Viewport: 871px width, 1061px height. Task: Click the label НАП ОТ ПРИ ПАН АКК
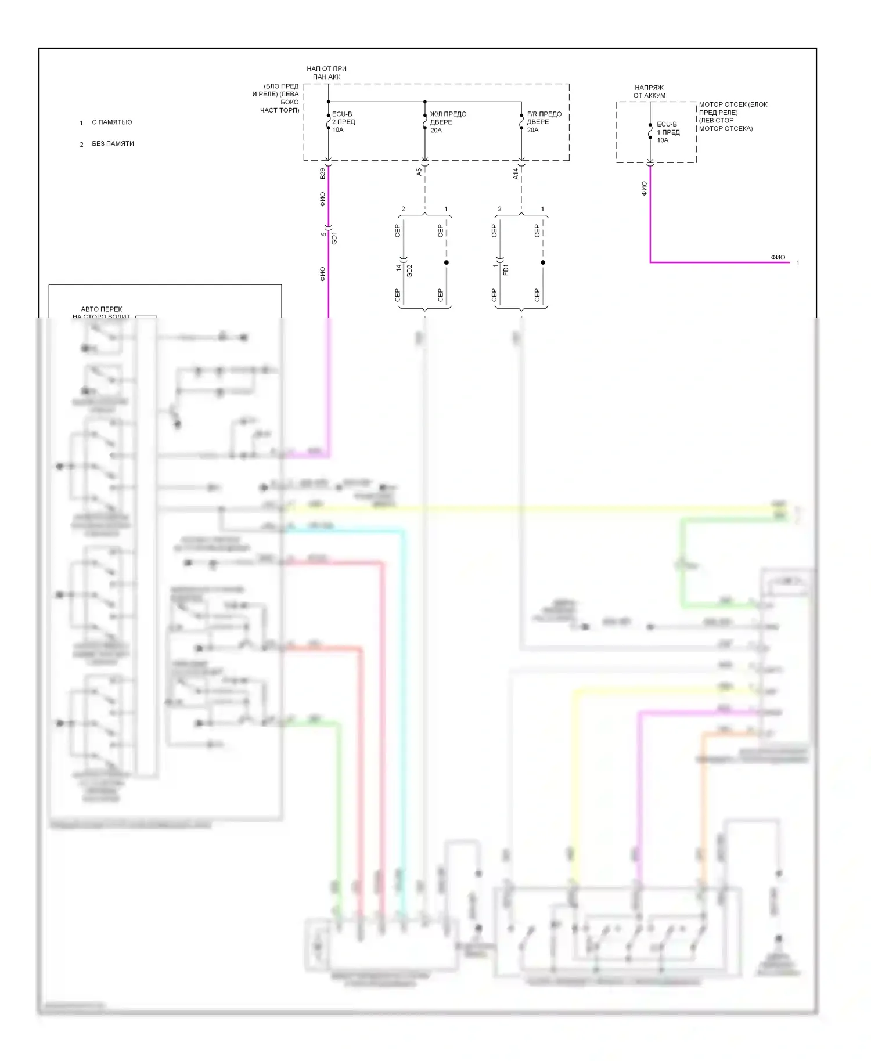pos(326,73)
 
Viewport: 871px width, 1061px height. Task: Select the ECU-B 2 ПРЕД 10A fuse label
pos(343,122)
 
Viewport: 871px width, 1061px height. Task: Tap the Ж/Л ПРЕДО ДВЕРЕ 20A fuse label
pos(448,122)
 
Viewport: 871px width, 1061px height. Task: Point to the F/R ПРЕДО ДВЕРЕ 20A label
pos(544,122)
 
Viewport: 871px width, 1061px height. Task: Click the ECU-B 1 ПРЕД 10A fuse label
pos(668,132)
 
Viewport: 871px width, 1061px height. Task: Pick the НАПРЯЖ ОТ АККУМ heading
pos(649,91)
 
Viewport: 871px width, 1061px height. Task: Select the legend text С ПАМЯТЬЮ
pos(111,122)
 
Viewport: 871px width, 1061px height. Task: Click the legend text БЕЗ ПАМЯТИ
pos(113,144)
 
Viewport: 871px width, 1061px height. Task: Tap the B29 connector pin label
pos(323,173)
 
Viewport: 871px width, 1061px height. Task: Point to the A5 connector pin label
pos(419,172)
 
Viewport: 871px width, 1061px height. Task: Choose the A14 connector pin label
pos(516,173)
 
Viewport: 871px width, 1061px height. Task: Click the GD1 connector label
pos(334,238)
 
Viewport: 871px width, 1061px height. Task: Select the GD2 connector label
pos(409,270)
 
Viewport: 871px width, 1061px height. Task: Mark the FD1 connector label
pos(506,269)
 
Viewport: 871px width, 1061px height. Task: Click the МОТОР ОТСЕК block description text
pos(733,116)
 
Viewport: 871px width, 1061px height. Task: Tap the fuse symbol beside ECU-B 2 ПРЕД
pos(328,123)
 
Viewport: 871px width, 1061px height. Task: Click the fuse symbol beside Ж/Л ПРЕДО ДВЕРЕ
pos(425,123)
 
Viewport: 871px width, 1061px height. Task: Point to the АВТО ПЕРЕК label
pos(102,309)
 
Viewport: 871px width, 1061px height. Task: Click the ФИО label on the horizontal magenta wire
pos(778,257)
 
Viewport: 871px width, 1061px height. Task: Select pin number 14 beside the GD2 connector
pos(399,268)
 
